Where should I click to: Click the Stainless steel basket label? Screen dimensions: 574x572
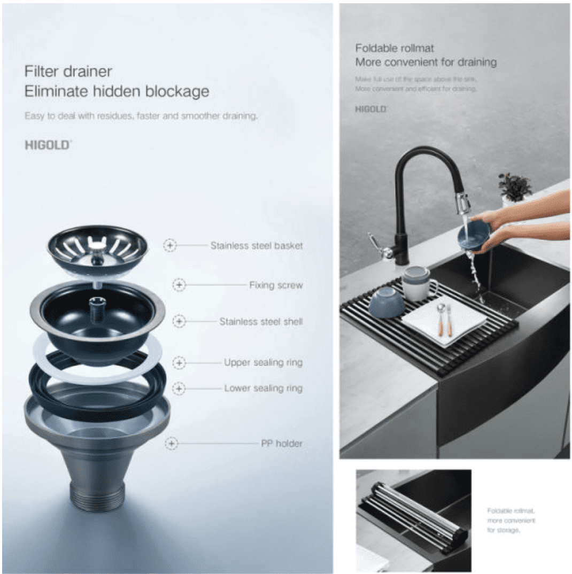[256, 246]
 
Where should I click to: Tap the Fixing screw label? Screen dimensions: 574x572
[275, 285]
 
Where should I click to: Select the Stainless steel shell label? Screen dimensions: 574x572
[260, 322]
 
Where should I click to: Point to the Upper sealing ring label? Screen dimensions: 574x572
[263, 362]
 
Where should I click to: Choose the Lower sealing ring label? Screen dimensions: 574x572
[263, 388]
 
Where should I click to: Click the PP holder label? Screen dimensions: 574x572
[281, 443]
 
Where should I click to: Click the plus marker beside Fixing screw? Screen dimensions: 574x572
[179, 285]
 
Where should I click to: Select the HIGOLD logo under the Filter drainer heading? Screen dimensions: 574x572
[48, 144]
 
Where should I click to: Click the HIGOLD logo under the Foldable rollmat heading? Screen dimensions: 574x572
[370, 109]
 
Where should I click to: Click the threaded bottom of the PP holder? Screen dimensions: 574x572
[97, 497]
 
